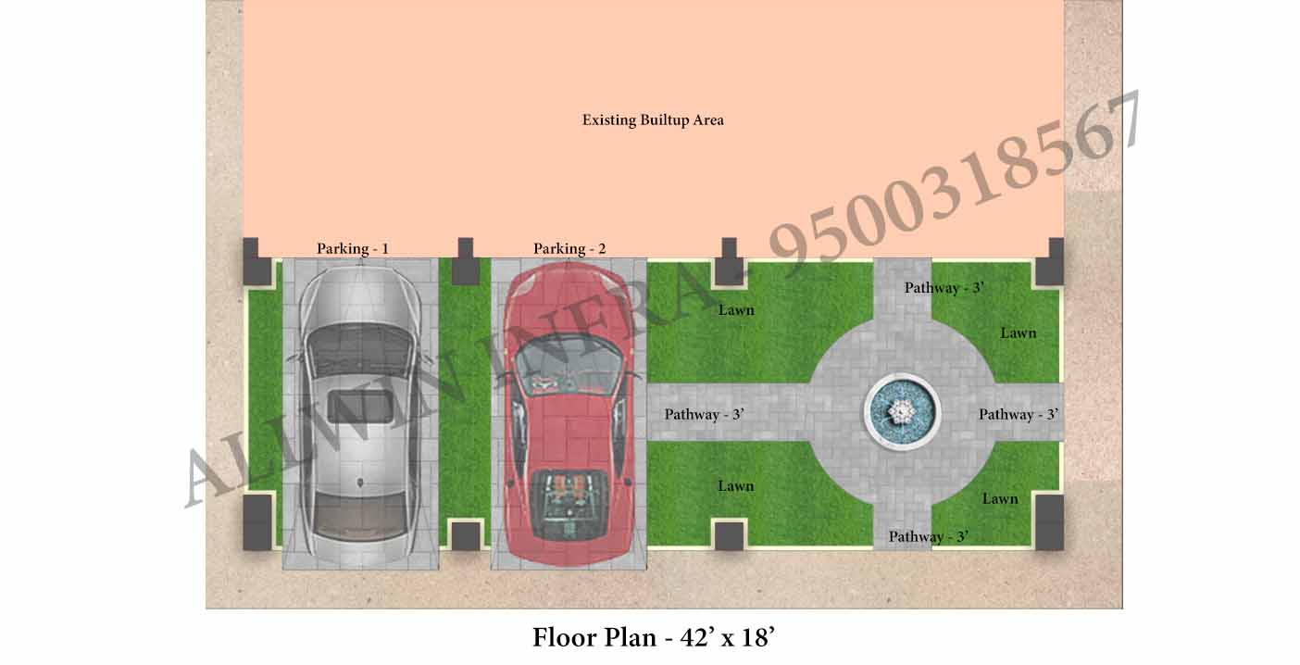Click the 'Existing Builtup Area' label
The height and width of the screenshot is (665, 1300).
[x=653, y=120]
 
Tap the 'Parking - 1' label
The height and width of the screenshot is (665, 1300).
[x=352, y=248]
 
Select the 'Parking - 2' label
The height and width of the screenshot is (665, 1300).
[x=569, y=248]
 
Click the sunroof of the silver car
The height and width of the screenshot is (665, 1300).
[x=360, y=407]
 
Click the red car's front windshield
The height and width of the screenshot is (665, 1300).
[x=569, y=366]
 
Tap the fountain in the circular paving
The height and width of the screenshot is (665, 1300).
[x=903, y=412]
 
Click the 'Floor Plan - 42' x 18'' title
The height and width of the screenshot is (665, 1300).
[x=654, y=637]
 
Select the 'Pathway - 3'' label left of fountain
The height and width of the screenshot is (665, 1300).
[x=704, y=414]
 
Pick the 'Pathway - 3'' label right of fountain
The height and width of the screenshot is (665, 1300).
[x=1019, y=414]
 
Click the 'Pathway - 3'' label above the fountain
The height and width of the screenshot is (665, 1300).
[x=944, y=287]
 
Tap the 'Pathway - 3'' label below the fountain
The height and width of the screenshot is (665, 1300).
[x=929, y=536]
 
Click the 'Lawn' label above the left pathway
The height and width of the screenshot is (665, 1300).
[x=736, y=310]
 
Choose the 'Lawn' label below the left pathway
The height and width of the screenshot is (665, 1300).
[x=736, y=485]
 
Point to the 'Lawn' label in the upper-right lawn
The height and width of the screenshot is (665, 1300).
[x=1018, y=333]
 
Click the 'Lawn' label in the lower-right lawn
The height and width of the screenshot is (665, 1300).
[x=1000, y=498]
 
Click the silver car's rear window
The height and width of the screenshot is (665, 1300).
[x=360, y=515]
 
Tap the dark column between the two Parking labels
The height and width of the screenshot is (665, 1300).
[x=466, y=261]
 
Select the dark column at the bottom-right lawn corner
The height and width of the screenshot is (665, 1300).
[x=1049, y=522]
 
